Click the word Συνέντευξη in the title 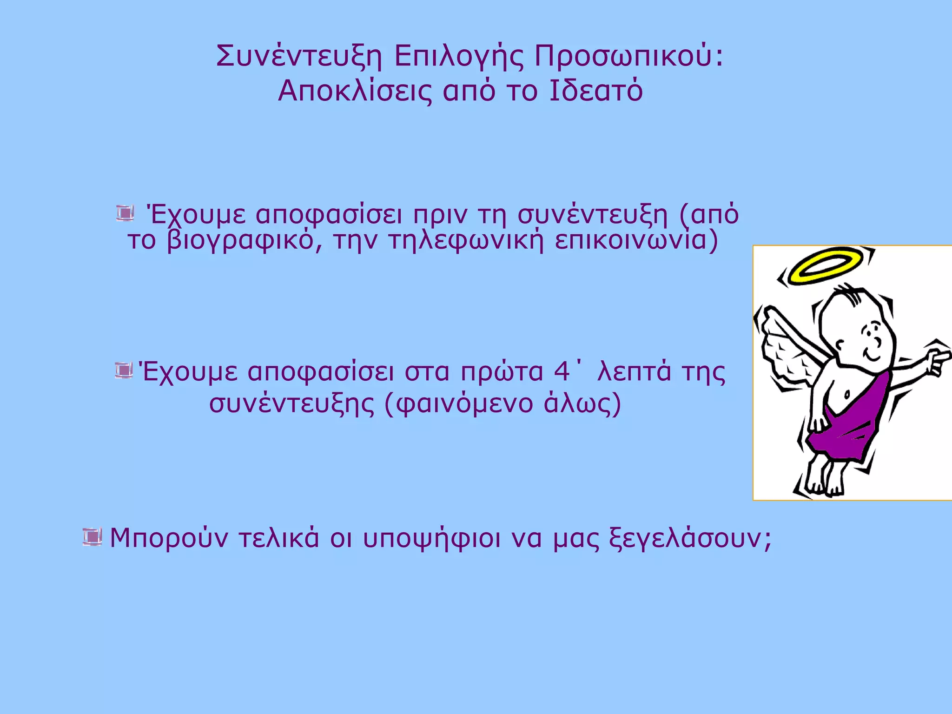[x=299, y=57]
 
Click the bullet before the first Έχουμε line [x=125, y=213]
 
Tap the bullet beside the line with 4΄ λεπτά [x=123, y=371]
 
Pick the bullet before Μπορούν [x=92, y=537]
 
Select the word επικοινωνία [x=636, y=241]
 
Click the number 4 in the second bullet [x=562, y=372]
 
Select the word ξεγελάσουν [x=690, y=538]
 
